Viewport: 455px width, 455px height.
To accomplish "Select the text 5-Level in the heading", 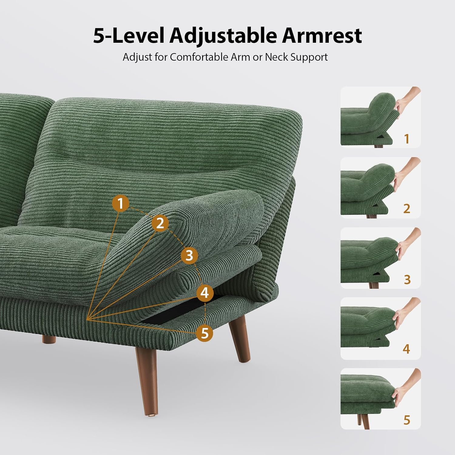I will point(129,36).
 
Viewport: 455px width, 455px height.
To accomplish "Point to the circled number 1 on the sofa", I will point(121,203).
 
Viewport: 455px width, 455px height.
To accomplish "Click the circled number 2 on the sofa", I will point(160,223).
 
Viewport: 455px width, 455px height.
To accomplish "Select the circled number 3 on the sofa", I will point(189,255).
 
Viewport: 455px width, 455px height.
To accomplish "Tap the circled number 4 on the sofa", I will point(205,293).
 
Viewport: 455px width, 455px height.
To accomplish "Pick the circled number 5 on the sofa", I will point(205,333).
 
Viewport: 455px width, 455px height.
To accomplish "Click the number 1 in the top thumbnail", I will point(407,139).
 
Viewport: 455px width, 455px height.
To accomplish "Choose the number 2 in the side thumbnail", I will point(407,209).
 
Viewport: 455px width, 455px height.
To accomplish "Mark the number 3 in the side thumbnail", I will point(407,279).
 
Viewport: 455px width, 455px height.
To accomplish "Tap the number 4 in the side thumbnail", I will point(406,349).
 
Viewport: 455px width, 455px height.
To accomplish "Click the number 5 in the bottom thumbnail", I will point(407,420).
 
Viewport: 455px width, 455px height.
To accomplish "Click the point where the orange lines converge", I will point(87,319).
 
